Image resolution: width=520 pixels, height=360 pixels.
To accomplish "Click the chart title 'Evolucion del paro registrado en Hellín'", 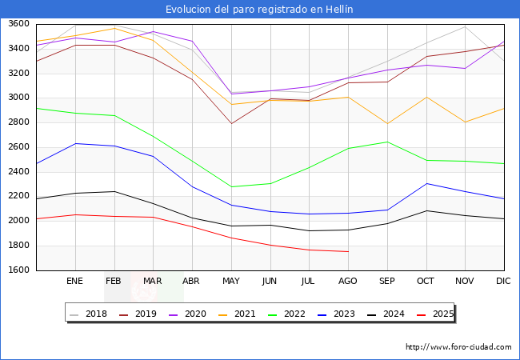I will pos(260,10).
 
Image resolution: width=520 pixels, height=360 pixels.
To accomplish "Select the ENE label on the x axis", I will pos(74,282).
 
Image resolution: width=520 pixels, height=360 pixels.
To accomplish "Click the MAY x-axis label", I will pos(230,282).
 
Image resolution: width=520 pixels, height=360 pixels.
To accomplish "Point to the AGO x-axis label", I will pos(348,282).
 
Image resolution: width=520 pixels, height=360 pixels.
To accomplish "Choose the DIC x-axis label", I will pos(503,282).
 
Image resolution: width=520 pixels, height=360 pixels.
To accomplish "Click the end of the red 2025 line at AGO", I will pos(348,252).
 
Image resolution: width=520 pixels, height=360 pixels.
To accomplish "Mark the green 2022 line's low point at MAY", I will pos(230,187).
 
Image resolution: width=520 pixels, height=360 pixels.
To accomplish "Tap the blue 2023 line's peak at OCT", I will pos(426,183).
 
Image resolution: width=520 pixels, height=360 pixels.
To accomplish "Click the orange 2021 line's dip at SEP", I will pos(386,123).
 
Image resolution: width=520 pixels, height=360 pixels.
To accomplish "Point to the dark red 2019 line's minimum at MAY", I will pos(230,123).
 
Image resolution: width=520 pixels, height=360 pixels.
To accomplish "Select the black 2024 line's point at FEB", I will pos(114,191).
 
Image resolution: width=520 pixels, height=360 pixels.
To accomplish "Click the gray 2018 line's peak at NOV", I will pos(464,26).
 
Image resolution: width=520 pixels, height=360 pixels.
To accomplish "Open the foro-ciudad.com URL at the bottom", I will pos(458,347).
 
